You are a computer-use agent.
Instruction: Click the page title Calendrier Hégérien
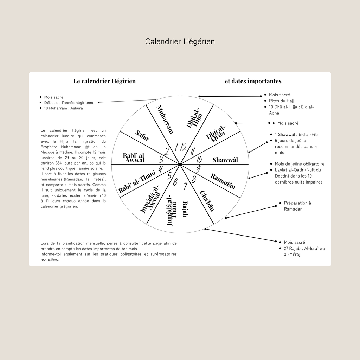click(x=180, y=41)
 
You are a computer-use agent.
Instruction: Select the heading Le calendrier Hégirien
click(x=104, y=81)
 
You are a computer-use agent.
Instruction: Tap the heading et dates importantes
click(x=253, y=81)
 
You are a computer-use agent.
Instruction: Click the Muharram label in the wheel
click(x=165, y=120)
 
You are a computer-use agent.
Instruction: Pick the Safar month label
click(x=142, y=135)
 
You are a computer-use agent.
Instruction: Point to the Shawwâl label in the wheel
click(x=225, y=160)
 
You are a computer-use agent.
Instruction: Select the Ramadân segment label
click(x=223, y=181)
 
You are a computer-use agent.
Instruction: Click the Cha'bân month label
click(x=207, y=201)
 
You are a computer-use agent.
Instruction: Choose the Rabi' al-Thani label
click(x=137, y=181)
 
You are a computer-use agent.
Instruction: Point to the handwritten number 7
click(x=185, y=186)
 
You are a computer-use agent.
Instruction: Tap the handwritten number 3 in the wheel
click(x=161, y=159)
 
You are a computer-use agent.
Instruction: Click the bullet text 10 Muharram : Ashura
click(x=63, y=108)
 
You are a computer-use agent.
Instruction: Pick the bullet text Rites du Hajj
click(x=281, y=101)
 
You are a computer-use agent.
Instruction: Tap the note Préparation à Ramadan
click(x=297, y=206)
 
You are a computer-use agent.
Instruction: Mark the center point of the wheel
click(x=180, y=164)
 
